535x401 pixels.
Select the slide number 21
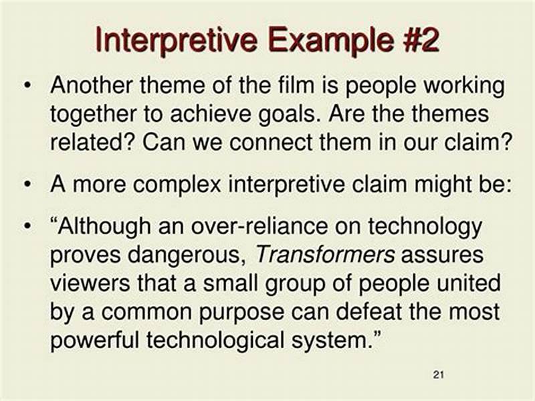click(x=439, y=374)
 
